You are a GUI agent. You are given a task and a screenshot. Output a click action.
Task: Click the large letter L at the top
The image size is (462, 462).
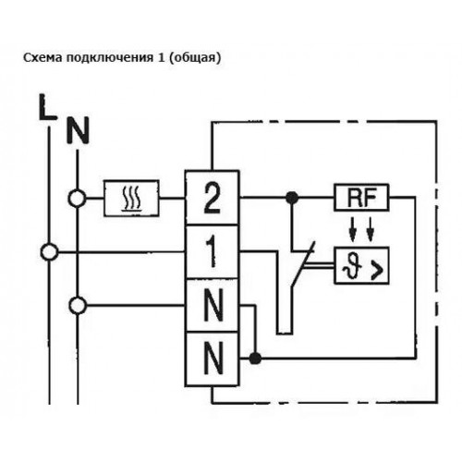point(48,107)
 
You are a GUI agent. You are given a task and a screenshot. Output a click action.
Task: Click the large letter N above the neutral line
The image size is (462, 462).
point(78,130)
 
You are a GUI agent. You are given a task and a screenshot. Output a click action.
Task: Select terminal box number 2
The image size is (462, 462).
point(213,198)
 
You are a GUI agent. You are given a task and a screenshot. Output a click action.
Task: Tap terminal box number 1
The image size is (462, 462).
point(213,252)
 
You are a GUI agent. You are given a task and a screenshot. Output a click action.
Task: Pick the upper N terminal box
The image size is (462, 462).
point(213,306)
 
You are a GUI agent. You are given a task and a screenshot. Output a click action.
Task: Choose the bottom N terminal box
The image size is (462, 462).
point(213,359)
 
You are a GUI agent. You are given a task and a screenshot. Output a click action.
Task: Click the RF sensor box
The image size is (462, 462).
point(361,198)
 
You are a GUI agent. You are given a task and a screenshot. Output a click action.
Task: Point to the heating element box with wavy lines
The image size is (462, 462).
point(131,198)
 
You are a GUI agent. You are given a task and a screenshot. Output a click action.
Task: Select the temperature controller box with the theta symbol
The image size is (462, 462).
point(361,265)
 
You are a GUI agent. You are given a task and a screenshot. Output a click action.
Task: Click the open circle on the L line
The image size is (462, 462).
point(49,252)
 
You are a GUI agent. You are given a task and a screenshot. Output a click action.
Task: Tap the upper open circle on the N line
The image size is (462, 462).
point(77,198)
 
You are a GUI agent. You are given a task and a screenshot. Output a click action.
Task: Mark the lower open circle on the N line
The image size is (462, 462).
point(78,305)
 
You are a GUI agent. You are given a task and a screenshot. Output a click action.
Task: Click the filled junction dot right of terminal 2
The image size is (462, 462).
point(292,197)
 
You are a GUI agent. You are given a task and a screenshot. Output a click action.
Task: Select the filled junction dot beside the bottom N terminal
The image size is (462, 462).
point(255,359)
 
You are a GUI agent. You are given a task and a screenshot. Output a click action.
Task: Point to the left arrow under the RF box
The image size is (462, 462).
point(353,229)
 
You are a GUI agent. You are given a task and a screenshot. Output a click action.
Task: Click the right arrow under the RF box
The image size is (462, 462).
point(371,229)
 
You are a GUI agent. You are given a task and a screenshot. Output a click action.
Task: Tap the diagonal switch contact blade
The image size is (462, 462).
point(303,264)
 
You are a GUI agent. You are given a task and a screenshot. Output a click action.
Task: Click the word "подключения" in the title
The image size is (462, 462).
point(110,58)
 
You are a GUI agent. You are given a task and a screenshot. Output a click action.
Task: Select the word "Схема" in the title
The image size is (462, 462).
point(43,57)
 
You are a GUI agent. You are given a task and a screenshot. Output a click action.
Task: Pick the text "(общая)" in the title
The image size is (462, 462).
point(195,58)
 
